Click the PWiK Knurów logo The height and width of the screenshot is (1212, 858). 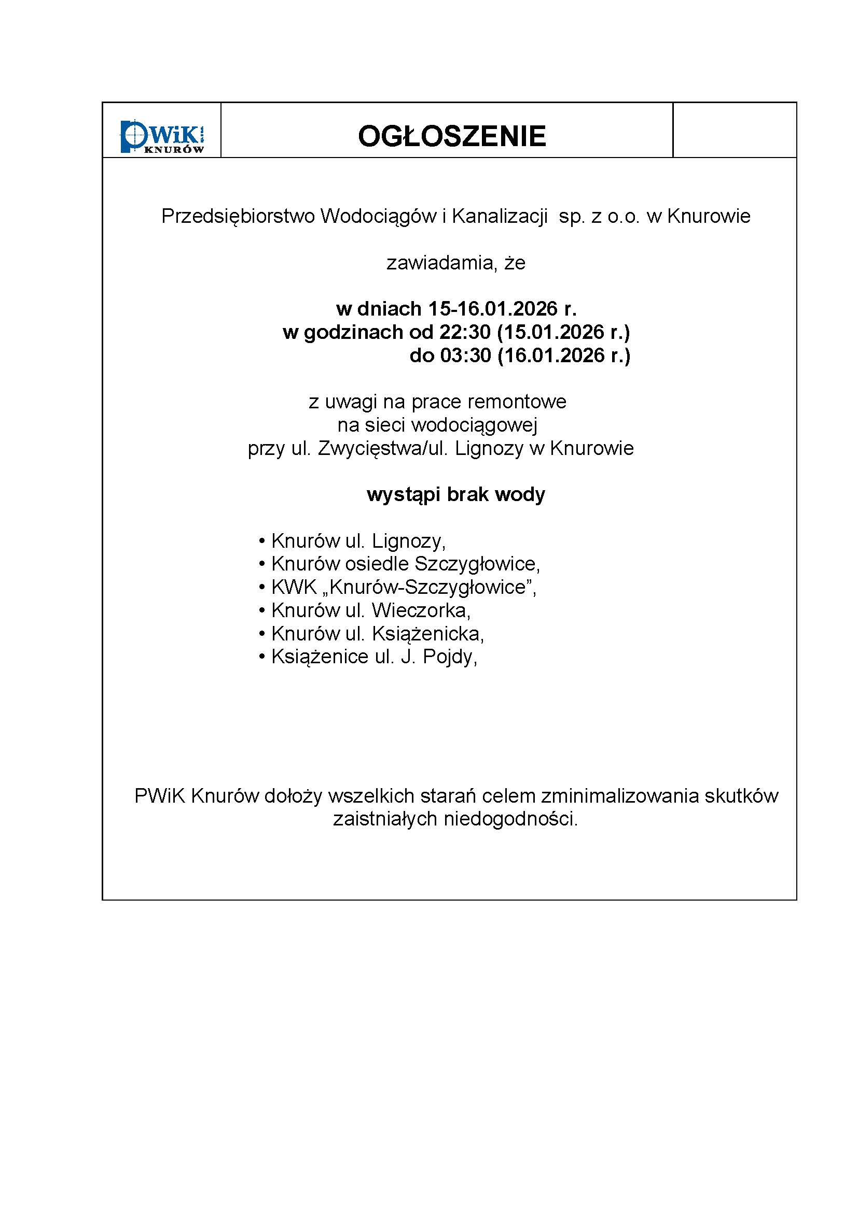pyautogui.click(x=162, y=137)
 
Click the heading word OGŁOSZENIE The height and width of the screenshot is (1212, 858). pyautogui.click(x=452, y=136)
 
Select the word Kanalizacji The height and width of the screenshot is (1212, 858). pyautogui.click(x=499, y=217)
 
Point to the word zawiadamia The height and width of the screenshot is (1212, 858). pyautogui.click(x=441, y=263)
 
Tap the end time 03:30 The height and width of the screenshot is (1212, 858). pyautogui.click(x=465, y=355)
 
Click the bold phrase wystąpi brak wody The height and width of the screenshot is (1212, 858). pyautogui.click(x=455, y=495)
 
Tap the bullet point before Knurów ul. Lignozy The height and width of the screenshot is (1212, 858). pyautogui.click(x=261, y=541)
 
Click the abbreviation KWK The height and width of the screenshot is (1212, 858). pyautogui.click(x=294, y=587)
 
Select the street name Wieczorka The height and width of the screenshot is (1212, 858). pyautogui.click(x=420, y=610)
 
